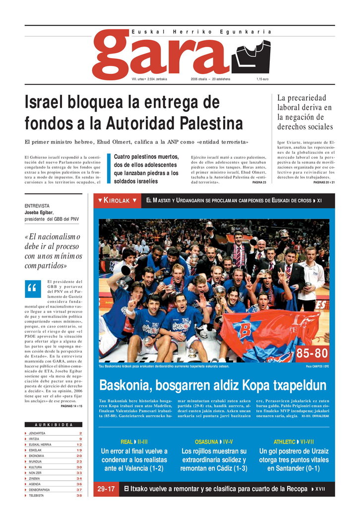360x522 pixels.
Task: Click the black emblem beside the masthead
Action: tap(251, 56)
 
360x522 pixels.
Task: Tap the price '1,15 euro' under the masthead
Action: tap(263, 79)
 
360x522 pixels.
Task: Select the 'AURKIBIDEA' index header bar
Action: tap(54, 425)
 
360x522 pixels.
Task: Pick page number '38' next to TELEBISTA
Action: tap(79, 495)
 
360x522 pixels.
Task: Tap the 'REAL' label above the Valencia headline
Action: tap(126, 442)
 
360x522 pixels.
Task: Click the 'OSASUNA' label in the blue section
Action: tap(206, 442)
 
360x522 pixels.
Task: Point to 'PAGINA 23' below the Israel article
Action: tap(259, 183)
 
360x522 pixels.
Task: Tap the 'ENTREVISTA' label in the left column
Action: tap(37, 205)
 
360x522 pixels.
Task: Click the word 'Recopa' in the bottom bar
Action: tap(292, 489)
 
